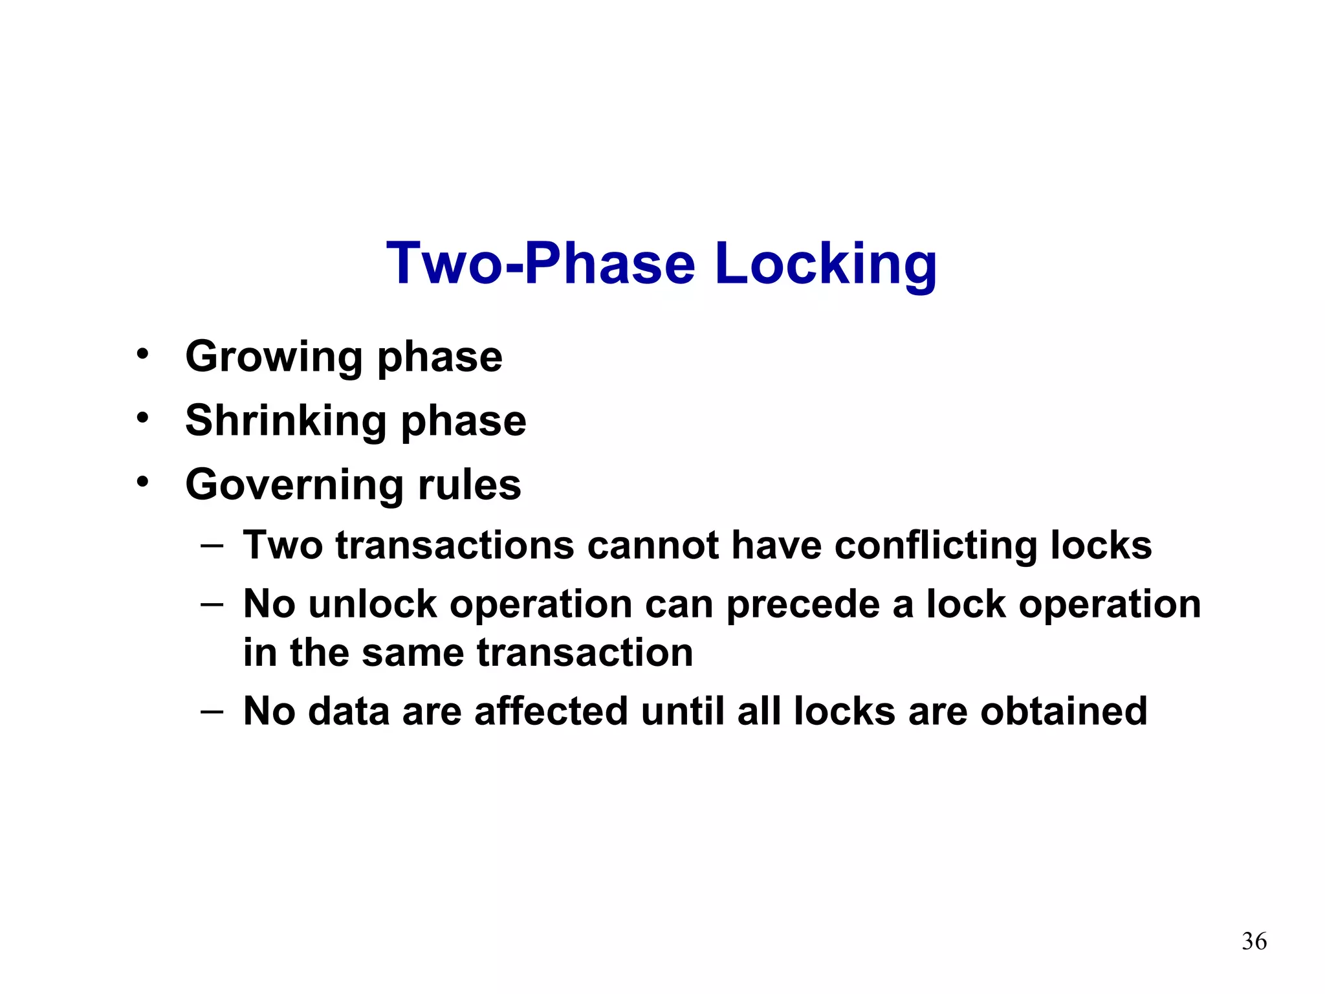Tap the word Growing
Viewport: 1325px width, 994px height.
(x=274, y=357)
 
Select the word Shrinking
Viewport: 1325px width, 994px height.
(x=285, y=421)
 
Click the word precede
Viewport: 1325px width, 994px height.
(x=802, y=606)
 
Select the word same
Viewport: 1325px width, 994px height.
(x=411, y=652)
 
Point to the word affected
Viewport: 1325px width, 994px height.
(x=551, y=711)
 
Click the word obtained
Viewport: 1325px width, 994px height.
(x=1063, y=711)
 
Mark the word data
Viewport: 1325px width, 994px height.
(x=348, y=711)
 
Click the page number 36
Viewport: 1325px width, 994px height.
(x=1254, y=941)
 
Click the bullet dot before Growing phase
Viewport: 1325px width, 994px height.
(x=142, y=355)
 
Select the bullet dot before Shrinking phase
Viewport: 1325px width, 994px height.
(x=142, y=418)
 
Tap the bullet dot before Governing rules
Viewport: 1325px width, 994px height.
(x=142, y=482)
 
